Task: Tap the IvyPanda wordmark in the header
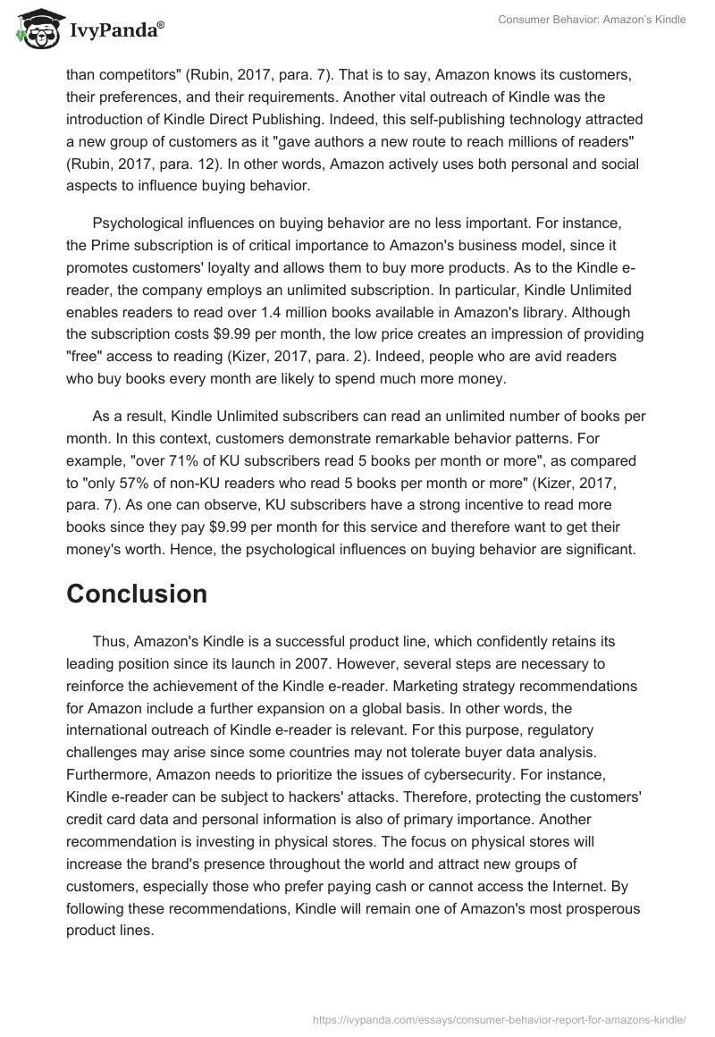(114, 32)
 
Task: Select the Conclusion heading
(137, 594)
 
